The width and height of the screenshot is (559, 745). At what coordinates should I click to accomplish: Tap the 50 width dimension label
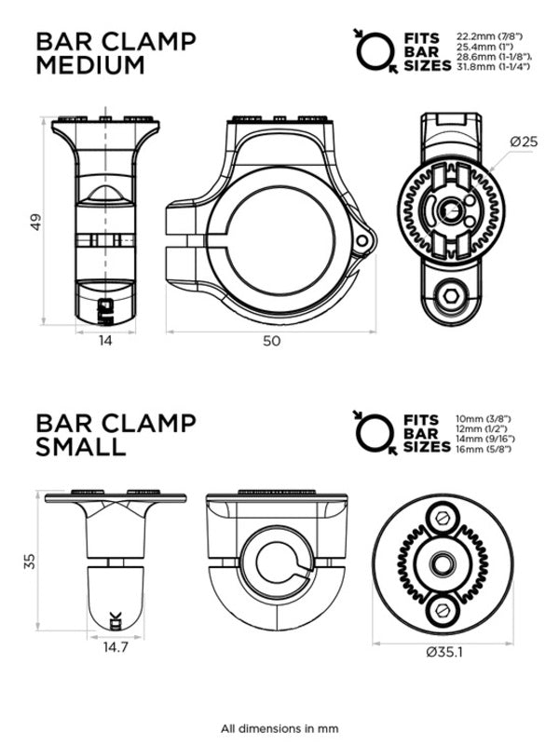[x=270, y=342]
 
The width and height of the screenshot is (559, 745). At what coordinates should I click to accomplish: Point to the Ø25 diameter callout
[x=524, y=142]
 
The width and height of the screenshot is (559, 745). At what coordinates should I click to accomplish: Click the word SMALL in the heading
[x=80, y=447]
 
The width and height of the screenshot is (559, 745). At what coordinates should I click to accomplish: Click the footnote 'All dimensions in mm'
[x=279, y=728]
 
